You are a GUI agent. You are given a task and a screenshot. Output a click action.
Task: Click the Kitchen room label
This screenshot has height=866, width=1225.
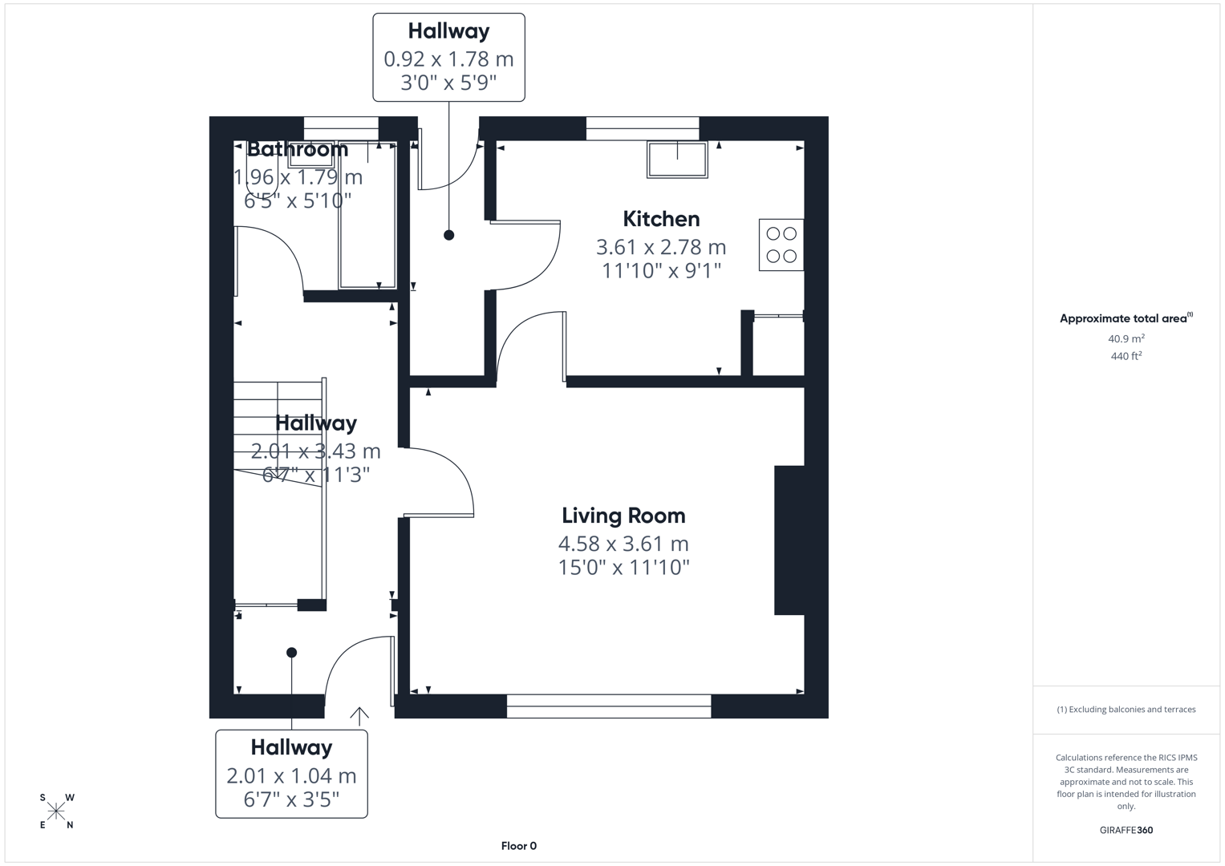pyautogui.click(x=661, y=219)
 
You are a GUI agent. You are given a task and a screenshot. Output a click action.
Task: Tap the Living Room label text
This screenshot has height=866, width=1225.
pyautogui.click(x=623, y=516)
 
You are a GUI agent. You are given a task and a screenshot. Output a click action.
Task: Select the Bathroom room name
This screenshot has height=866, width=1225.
pyautogui.click(x=297, y=149)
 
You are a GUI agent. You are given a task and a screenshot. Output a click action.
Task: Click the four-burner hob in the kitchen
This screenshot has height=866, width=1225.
pyautogui.click(x=781, y=245)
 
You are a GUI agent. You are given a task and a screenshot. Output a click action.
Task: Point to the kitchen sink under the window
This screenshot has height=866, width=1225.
pyautogui.click(x=678, y=160)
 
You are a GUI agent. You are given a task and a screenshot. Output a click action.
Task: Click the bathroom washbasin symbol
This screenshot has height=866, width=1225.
pyautogui.click(x=310, y=154)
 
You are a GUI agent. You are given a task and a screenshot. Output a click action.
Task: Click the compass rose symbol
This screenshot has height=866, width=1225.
pyautogui.click(x=56, y=811)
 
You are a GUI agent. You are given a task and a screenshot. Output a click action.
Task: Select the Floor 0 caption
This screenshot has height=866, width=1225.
pyautogui.click(x=518, y=846)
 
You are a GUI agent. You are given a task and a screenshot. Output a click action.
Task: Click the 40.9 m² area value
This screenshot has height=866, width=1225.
pyautogui.click(x=1126, y=338)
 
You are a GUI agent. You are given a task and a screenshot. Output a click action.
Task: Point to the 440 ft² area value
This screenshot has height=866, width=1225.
pyautogui.click(x=1126, y=356)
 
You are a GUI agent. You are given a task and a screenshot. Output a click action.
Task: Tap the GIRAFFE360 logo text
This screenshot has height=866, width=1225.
pyautogui.click(x=1126, y=830)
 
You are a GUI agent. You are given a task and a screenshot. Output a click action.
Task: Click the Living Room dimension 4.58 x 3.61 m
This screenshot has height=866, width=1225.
pyautogui.click(x=623, y=544)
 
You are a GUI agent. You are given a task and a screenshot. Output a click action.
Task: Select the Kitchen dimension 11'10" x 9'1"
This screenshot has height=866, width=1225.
pyautogui.click(x=661, y=271)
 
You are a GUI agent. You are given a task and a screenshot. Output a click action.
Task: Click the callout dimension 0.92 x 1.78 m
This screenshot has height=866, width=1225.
pyautogui.click(x=448, y=59)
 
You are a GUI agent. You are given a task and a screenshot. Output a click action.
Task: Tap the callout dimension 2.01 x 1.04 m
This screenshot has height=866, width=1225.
pyautogui.click(x=291, y=775)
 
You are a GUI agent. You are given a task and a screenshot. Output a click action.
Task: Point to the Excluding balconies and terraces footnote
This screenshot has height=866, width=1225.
pyautogui.click(x=1126, y=710)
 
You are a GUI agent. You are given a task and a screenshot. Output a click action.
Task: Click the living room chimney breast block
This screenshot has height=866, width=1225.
pyautogui.click(x=789, y=540)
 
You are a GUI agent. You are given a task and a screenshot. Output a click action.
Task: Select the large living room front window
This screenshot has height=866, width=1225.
pyautogui.click(x=609, y=706)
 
